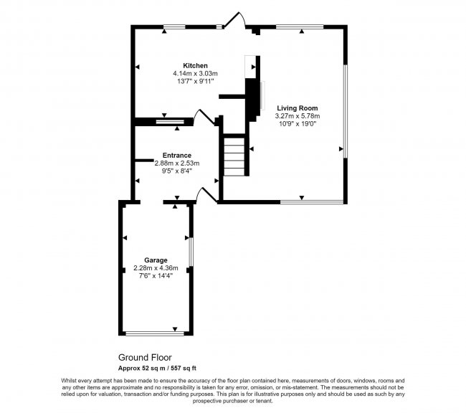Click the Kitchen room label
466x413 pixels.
[195, 66]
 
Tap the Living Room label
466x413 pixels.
[298, 108]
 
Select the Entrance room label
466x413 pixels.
[177, 155]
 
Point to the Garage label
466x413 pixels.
[156, 260]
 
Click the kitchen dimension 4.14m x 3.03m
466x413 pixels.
[195, 73]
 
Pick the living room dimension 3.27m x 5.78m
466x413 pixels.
[298, 116]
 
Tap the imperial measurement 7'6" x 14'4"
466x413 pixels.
[156, 276]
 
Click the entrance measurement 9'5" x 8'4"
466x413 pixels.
[177, 171]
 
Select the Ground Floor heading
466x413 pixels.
[145, 357]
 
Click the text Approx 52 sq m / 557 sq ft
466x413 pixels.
[157, 368]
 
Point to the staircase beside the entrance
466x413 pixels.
[234, 155]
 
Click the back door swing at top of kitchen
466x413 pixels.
[234, 19]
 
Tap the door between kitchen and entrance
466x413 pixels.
[204, 117]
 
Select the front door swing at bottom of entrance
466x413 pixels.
[206, 195]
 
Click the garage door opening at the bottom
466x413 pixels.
[155, 333]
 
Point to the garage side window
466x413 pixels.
[191, 252]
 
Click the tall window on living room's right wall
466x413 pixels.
[346, 112]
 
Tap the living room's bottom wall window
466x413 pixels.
[312, 202]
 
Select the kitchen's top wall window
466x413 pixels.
[174, 27]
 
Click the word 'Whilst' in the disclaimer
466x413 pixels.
[69, 381]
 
